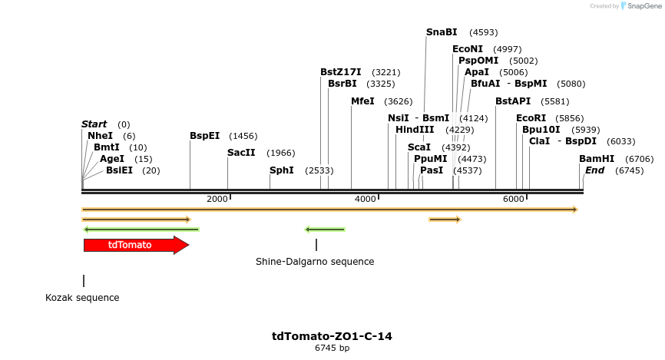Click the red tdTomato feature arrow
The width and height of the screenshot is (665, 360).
(x=135, y=246)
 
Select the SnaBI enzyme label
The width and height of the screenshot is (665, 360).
(x=442, y=32)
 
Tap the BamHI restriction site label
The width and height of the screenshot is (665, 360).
(x=597, y=159)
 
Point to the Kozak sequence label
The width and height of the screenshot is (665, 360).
(x=82, y=298)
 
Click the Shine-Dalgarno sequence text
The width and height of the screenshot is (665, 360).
(x=315, y=262)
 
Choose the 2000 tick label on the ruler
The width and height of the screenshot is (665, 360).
(x=217, y=199)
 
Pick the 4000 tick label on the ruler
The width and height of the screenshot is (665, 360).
(x=366, y=199)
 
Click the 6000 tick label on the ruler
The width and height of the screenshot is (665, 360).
(x=513, y=199)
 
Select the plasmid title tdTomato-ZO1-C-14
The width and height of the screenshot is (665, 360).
(x=332, y=336)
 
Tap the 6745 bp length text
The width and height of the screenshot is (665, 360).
(x=332, y=348)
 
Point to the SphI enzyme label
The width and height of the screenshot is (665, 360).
(x=281, y=170)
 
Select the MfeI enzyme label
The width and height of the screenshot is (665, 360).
(x=362, y=101)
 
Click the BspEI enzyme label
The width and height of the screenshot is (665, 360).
(x=204, y=136)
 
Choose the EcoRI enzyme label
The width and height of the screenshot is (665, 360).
(x=531, y=118)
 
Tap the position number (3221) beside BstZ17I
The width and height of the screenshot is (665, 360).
(x=382, y=72)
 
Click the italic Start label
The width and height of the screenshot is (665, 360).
(x=94, y=124)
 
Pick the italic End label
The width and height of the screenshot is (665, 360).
(x=594, y=170)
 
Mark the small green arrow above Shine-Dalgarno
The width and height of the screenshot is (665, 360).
(x=325, y=230)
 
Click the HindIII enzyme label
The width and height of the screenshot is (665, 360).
(x=415, y=130)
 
